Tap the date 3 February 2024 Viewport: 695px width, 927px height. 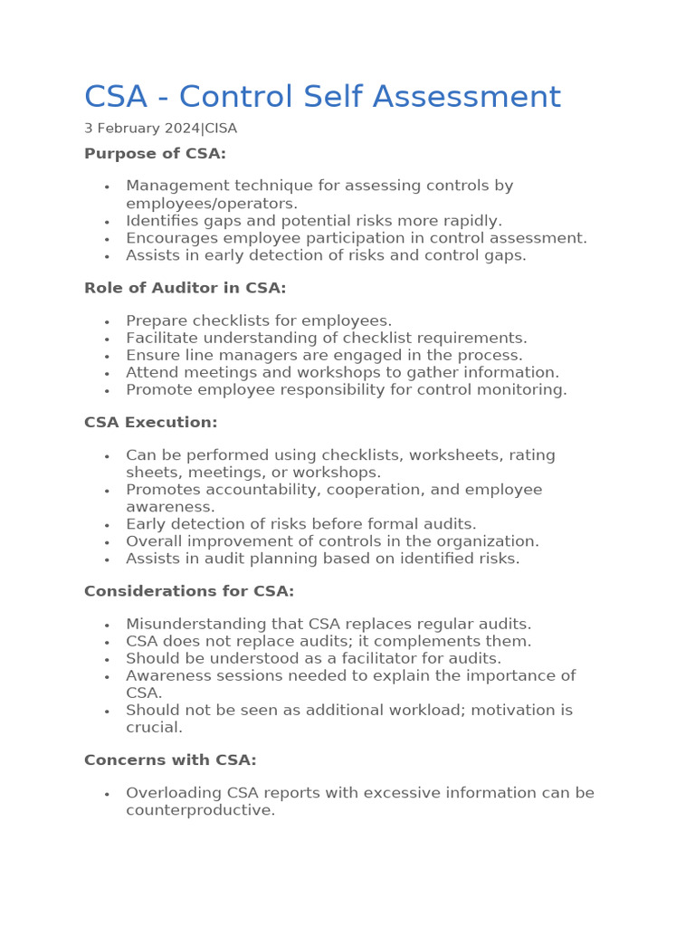coord(141,129)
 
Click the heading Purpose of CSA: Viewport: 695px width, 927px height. coord(155,154)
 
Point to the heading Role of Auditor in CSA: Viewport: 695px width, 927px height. coord(185,288)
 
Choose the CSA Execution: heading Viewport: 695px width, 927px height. coord(150,423)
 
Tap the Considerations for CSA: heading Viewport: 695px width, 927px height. coord(189,591)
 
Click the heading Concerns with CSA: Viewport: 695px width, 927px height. coord(170,760)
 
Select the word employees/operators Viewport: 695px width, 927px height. coord(212,204)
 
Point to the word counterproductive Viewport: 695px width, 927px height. coord(200,810)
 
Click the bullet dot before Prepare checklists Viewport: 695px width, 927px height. coord(107,321)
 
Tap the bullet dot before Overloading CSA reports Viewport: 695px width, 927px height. coord(107,794)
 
